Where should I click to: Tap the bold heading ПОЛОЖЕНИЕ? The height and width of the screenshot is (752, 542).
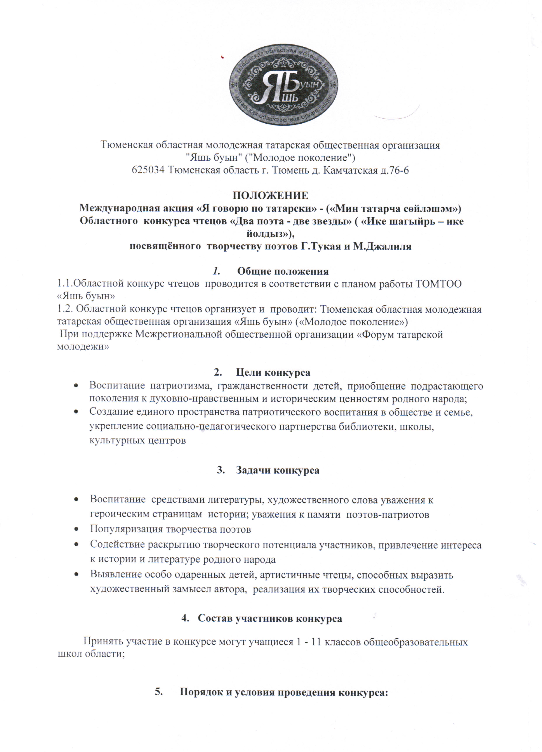tap(270, 195)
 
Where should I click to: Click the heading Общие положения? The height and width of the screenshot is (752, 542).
tap(283, 271)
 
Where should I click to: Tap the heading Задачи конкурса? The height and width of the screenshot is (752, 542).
tap(278, 470)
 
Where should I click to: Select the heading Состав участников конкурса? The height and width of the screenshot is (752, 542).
tap(270, 618)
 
